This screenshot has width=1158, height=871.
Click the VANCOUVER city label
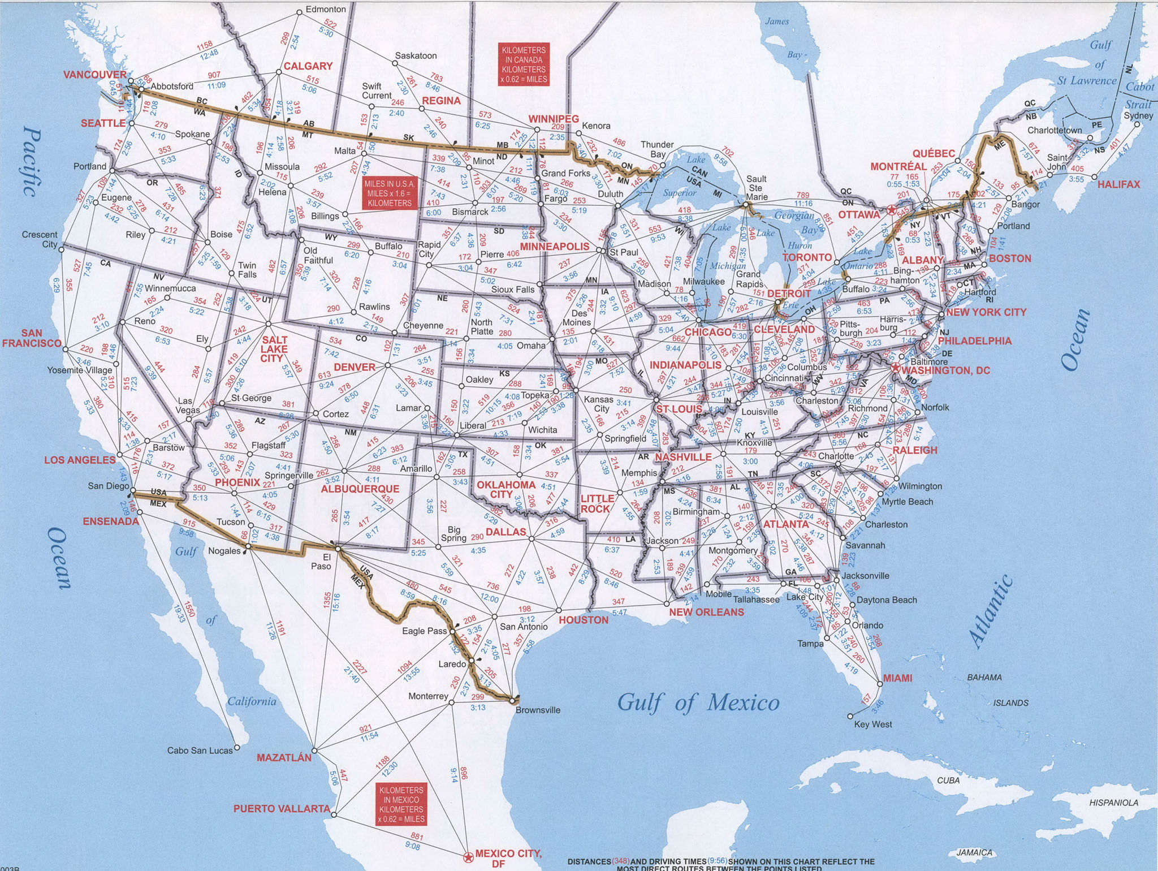click(x=95, y=75)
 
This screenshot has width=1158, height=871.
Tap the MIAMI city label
click(x=897, y=678)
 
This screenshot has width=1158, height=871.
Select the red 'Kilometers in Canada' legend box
click(x=524, y=64)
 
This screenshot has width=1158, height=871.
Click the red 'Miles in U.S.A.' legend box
click(x=390, y=193)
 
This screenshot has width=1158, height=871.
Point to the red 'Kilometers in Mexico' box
click(x=401, y=804)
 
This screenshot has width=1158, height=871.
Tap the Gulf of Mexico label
click(x=698, y=703)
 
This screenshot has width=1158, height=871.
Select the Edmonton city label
click(x=326, y=9)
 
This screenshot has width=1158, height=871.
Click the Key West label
click(x=873, y=724)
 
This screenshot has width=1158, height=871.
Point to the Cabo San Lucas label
click(x=200, y=751)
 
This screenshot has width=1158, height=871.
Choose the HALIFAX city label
click(x=1119, y=184)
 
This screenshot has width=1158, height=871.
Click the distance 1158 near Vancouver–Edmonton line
click(x=204, y=45)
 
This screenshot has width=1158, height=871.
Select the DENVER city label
click(x=355, y=367)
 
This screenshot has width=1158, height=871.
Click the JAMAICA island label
click(x=974, y=852)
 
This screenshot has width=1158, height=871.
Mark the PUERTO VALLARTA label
click(x=282, y=808)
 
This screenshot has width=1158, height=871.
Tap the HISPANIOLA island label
click(x=1113, y=802)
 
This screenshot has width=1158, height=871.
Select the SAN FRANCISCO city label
click(x=31, y=338)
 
